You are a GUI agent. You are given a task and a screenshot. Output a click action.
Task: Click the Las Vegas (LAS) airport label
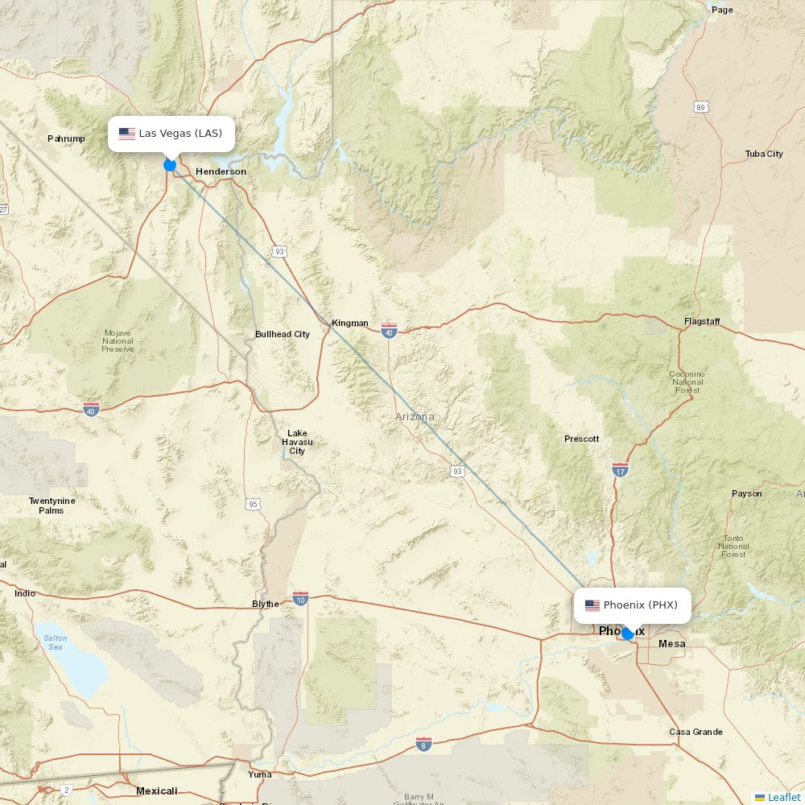[x=180, y=134]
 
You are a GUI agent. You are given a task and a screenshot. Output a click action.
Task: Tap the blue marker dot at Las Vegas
[x=170, y=165]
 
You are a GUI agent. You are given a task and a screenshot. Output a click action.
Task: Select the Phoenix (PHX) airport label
[x=641, y=605]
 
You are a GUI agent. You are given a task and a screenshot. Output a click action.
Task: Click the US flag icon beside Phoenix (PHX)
[x=592, y=605]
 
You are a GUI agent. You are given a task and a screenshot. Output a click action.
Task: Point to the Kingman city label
[x=350, y=324]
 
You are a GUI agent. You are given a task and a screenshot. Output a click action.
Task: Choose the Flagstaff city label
[x=702, y=322]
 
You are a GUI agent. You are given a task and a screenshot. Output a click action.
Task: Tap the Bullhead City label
[x=282, y=334]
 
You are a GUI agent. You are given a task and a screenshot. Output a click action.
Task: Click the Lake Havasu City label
[x=297, y=443]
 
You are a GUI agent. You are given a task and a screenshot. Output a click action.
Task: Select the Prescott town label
[x=581, y=439]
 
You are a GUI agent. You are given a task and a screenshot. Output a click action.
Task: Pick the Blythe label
[x=266, y=604]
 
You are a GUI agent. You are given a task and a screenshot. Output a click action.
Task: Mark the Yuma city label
[x=259, y=774]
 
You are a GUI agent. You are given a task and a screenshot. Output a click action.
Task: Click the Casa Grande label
[x=696, y=732]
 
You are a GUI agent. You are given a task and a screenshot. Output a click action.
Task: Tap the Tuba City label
[x=764, y=154]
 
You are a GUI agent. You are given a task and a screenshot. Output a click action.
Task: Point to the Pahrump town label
[x=66, y=138]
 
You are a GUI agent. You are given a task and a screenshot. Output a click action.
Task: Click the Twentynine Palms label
[x=52, y=506]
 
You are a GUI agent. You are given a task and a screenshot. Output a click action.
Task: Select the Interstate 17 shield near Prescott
[x=620, y=469]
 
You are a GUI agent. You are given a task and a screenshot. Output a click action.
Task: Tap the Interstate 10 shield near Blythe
[x=300, y=599]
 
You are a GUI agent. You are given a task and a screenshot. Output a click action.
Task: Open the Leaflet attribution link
[x=783, y=797]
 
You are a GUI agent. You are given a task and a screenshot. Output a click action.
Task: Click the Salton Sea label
[x=55, y=642]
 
